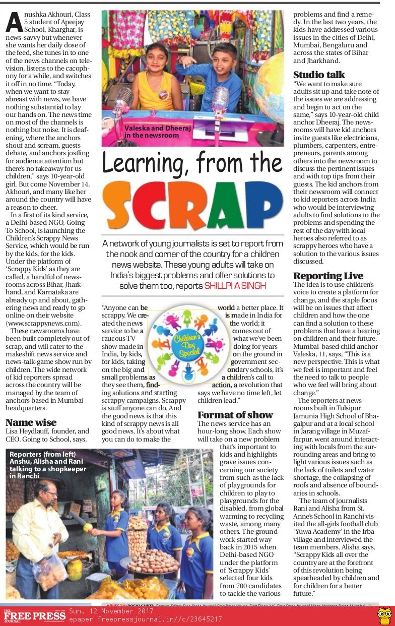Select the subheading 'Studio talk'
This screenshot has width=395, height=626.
(x=319, y=75)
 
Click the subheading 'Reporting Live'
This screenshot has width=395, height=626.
(x=328, y=276)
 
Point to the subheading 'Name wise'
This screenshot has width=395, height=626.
(x=31, y=422)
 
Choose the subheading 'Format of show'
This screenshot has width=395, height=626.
(x=235, y=415)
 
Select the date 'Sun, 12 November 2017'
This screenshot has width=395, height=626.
(x=112, y=611)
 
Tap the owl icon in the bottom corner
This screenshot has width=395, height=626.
(x=385, y=615)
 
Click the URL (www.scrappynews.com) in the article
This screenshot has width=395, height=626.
(x=43, y=323)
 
